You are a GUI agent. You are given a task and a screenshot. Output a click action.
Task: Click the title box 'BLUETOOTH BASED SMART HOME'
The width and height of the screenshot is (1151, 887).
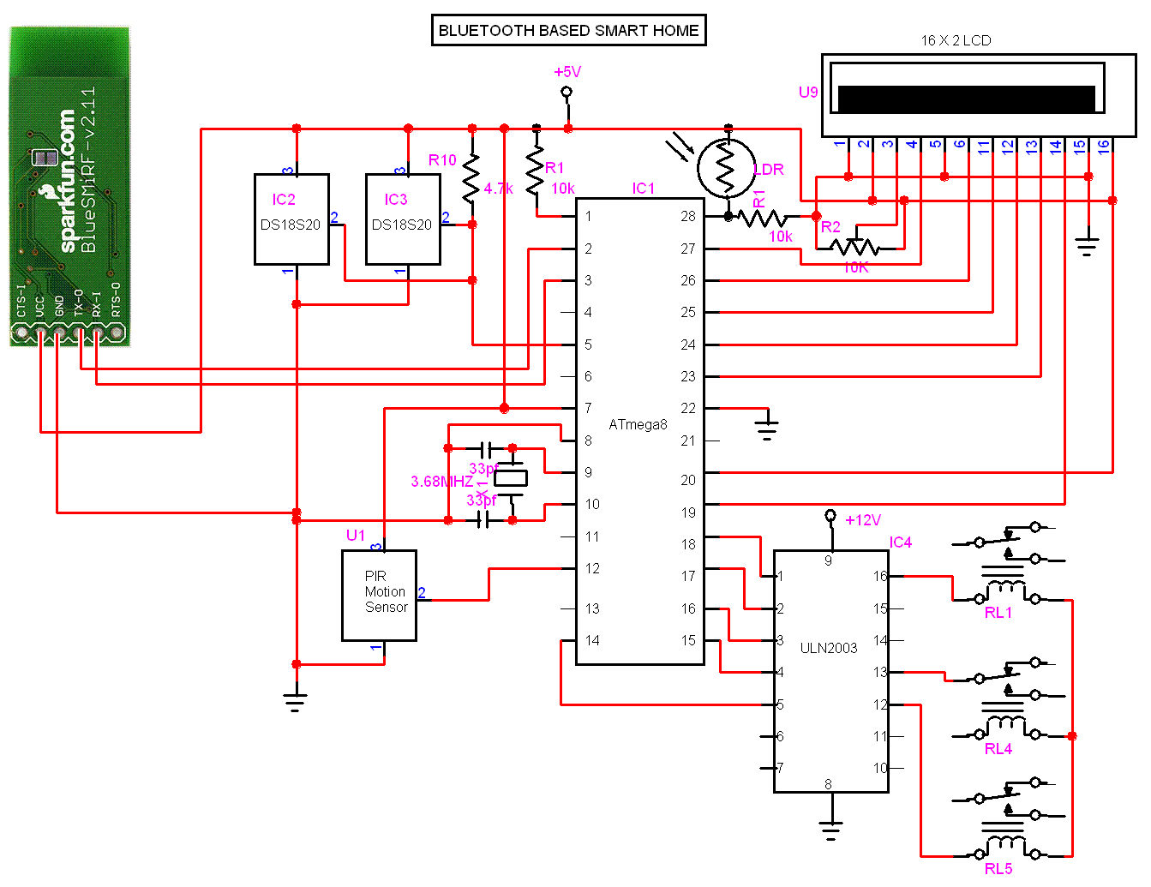[x=568, y=30]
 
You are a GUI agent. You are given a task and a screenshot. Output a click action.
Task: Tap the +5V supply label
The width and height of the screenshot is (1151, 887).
[x=567, y=72]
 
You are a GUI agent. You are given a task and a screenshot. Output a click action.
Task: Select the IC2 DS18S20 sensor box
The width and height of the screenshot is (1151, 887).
[x=291, y=219]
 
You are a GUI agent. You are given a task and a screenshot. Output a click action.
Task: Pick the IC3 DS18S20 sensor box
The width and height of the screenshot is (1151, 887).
[x=403, y=219]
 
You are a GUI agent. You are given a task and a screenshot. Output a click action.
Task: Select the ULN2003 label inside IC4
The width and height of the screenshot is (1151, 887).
[x=828, y=648]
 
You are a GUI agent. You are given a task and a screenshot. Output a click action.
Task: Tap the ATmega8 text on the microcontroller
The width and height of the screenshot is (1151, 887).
[x=638, y=424]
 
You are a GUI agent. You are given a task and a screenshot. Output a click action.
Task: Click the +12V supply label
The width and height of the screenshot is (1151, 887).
[x=862, y=520]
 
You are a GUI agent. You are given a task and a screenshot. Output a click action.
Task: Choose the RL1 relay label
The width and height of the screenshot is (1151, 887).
[x=998, y=613]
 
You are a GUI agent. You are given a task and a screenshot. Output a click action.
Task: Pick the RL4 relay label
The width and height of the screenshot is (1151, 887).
[x=998, y=749]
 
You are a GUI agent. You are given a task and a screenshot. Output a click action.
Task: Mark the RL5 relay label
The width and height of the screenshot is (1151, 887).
[x=998, y=869]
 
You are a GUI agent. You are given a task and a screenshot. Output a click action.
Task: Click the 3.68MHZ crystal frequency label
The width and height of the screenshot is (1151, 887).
[x=441, y=482]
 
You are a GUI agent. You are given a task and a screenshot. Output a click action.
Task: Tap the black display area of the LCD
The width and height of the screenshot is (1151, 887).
[x=966, y=99]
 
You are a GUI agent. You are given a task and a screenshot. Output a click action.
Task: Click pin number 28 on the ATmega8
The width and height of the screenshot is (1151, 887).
[x=688, y=216]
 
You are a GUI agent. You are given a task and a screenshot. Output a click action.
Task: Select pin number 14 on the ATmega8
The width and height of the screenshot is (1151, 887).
[x=592, y=640]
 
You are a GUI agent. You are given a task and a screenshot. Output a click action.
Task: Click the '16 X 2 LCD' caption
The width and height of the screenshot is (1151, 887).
[x=956, y=40]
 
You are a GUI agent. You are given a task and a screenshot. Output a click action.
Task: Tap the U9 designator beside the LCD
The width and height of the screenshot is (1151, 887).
[x=808, y=93]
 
